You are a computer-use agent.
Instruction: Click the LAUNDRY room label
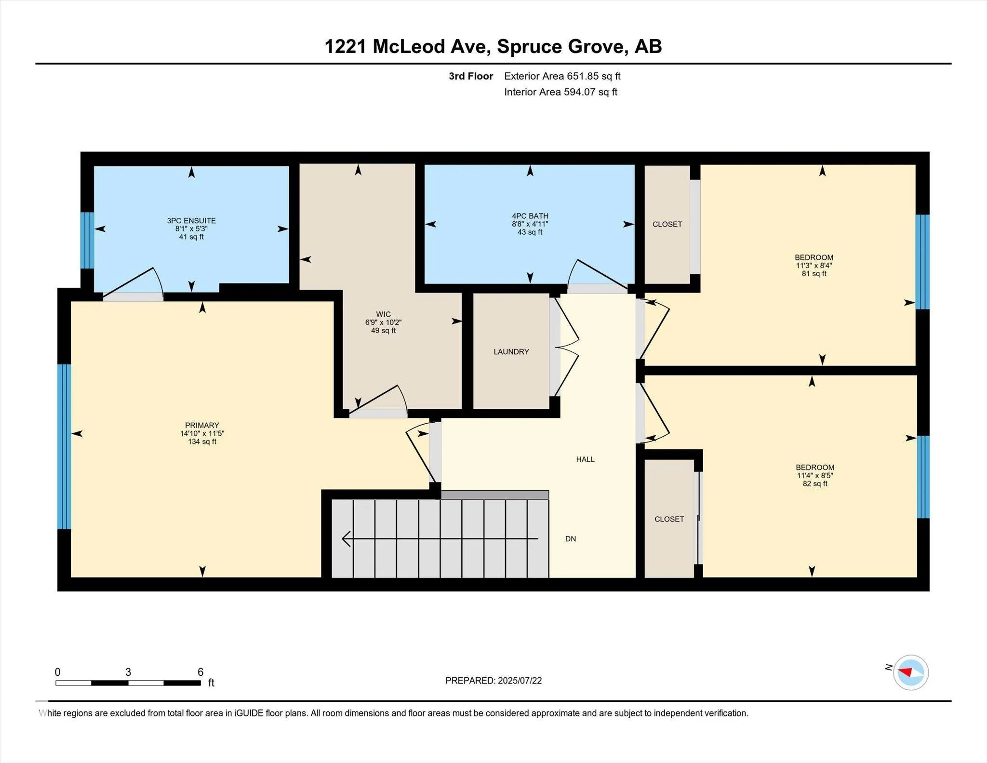click(511, 352)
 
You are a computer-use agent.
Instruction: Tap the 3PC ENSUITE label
click(191, 221)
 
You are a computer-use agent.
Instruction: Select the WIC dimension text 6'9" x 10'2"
click(384, 322)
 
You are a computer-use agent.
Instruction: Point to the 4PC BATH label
click(530, 216)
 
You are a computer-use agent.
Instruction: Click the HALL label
click(586, 459)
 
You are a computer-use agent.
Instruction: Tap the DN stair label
click(571, 539)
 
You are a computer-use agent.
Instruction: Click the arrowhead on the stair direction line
click(346, 538)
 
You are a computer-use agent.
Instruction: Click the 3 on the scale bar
click(128, 672)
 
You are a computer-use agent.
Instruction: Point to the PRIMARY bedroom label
click(202, 425)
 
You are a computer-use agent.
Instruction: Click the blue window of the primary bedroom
click(64, 446)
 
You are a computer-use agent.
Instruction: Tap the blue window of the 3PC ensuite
click(87, 240)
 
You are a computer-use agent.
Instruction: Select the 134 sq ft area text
click(202, 442)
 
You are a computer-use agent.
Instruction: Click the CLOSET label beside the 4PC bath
click(667, 224)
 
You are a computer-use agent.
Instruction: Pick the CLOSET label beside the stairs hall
click(669, 519)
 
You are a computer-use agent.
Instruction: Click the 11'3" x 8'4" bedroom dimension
click(814, 266)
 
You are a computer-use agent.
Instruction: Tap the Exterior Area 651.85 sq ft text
click(562, 76)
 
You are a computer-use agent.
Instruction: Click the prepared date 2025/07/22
click(520, 681)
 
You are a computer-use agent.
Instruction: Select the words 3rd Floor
click(471, 76)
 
